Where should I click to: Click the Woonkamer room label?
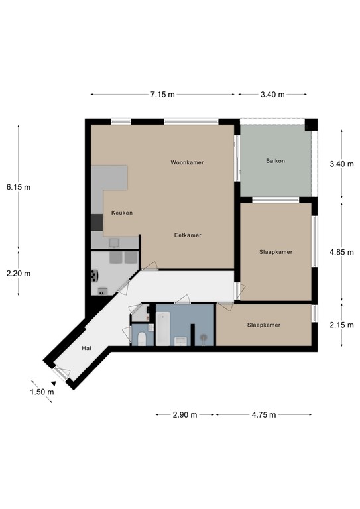pos(186,162)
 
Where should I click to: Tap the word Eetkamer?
pos(188,235)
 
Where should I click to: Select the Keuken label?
pos(122,213)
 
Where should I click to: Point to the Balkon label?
pos(275,161)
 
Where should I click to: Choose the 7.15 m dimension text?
pos(162,95)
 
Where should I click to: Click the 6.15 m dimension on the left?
pos(19,187)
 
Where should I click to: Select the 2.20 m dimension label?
pos(19,273)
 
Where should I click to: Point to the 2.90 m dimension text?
pos(185,415)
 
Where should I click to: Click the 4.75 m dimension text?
pos(263,415)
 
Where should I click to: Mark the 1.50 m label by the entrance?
pos(41,392)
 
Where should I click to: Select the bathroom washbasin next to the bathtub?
pos(180,341)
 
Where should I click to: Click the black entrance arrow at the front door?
pos(35,382)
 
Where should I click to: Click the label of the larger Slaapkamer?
pos(275,252)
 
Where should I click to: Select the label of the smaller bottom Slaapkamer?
pos(263,325)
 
